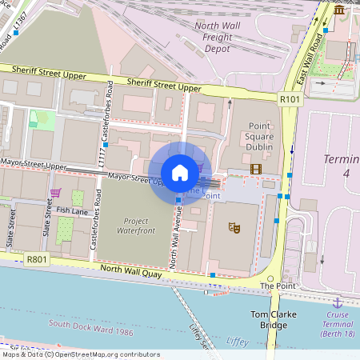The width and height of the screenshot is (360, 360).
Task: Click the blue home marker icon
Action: pos(180,172)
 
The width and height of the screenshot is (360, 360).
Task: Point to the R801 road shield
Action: pos(35,260)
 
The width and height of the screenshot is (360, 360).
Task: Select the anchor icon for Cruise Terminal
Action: pos(338,302)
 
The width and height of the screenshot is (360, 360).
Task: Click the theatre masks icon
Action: pos(234,228)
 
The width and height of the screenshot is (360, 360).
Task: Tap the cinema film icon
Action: pos(255,168)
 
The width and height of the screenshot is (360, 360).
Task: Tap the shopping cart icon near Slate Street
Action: pos(55,193)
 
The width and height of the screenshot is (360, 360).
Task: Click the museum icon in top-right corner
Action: pos(339,10)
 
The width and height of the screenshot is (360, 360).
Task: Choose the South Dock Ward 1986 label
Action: pos(89,325)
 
